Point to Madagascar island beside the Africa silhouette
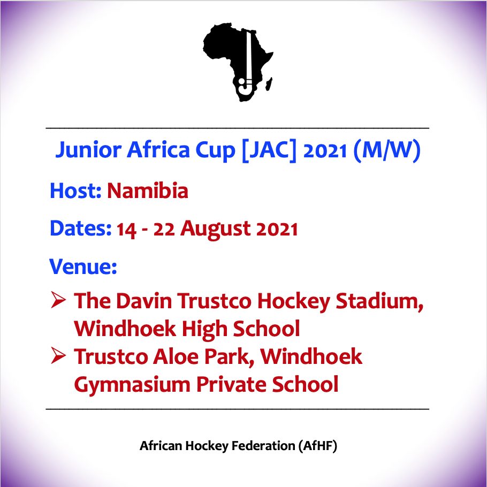[x=269, y=84]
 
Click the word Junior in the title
[x=88, y=150]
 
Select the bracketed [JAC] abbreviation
[x=269, y=150]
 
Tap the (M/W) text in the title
[x=387, y=150]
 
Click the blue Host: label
[x=76, y=191]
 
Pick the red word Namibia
[x=148, y=191]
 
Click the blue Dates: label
[x=80, y=229]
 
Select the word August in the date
[x=216, y=229]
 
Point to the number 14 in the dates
[x=126, y=230]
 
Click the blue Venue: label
[x=83, y=267]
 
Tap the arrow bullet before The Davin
[x=58, y=300]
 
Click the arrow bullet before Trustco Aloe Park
[x=58, y=355]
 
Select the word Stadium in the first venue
[x=379, y=301]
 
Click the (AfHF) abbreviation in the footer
[x=318, y=446]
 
